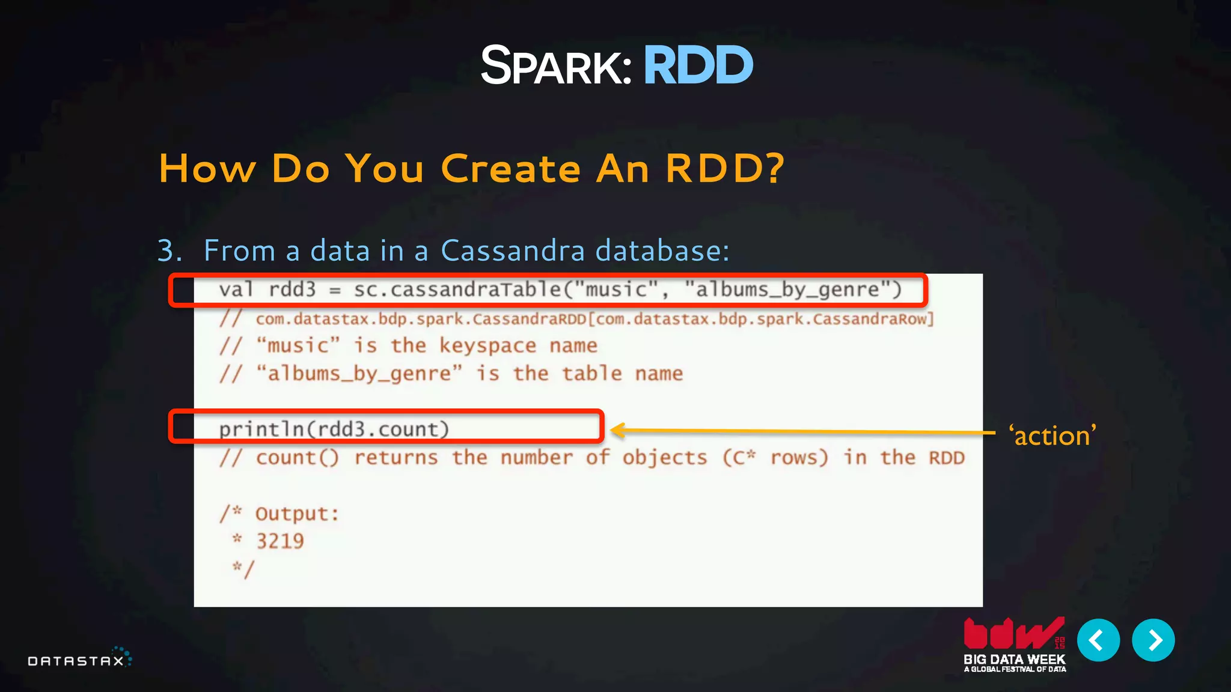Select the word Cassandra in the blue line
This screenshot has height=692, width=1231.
coord(513,250)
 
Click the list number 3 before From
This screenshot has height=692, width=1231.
coord(169,250)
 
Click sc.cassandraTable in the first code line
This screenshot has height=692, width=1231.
coord(457,290)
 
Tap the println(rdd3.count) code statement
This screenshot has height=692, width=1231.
coord(334,429)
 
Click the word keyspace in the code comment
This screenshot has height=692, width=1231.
coord(487,345)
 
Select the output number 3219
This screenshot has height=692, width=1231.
coord(280,541)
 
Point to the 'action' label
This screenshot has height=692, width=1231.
coord(1052,436)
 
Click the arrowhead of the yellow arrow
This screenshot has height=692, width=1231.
coord(617,429)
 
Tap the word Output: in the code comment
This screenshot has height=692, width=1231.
coord(297,514)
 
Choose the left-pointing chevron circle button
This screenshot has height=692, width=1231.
coord(1098,640)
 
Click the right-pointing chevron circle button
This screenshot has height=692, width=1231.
coord(1153,640)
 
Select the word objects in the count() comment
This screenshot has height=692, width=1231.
coord(665,458)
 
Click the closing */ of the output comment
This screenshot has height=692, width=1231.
coord(244,569)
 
